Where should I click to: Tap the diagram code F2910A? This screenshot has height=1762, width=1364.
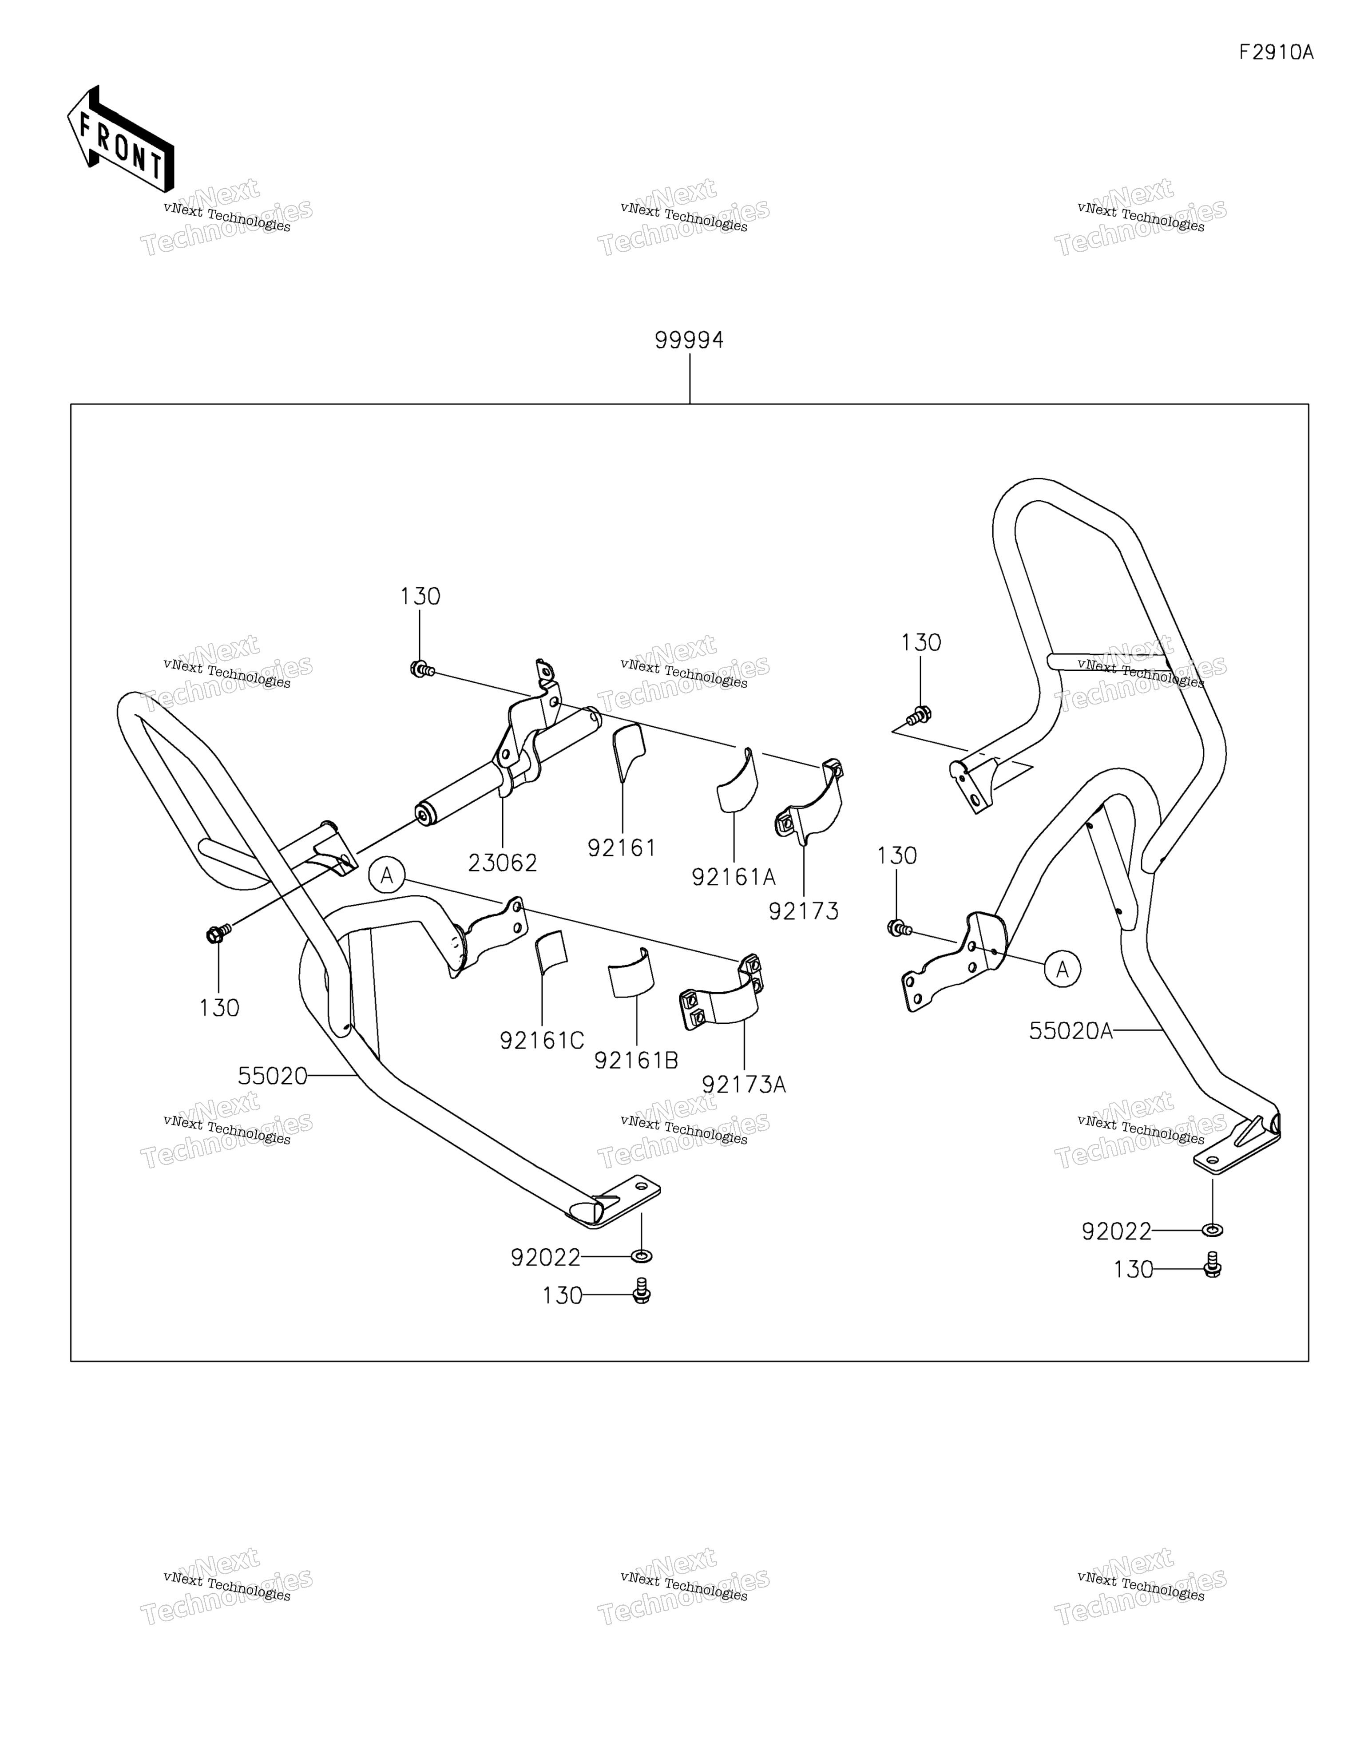point(1276,52)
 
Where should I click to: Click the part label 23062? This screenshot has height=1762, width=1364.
point(502,863)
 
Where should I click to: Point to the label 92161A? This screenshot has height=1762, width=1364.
point(733,877)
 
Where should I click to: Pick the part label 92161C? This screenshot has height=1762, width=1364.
point(542,1041)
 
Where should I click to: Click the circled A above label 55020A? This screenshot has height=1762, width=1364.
point(1062,969)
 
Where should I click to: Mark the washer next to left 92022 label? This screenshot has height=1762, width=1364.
point(642,1256)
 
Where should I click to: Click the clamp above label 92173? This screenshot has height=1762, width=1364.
point(809,801)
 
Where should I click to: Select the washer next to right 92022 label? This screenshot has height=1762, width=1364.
point(1212,1230)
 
